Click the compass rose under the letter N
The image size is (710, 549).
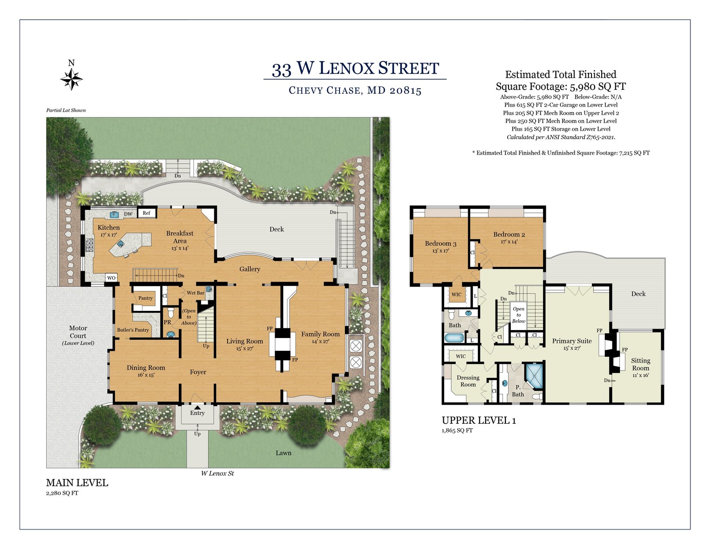(x=71, y=79)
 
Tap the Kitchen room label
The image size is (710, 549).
(x=108, y=227)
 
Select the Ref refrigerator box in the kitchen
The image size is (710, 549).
(x=146, y=213)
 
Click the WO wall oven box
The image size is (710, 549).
(x=111, y=278)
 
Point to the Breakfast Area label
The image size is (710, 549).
(x=180, y=237)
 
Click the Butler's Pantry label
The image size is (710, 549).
(x=133, y=330)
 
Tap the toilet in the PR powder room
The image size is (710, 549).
(x=170, y=312)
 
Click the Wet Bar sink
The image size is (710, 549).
(x=209, y=289)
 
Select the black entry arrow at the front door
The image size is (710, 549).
(x=197, y=407)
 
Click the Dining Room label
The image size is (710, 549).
(x=146, y=368)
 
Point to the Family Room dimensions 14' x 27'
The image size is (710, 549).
(x=320, y=342)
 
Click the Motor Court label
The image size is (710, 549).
(x=78, y=332)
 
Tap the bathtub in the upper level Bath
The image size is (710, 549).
(x=454, y=338)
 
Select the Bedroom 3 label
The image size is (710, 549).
(x=441, y=243)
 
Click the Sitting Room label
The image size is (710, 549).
(x=640, y=364)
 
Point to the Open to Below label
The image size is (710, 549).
(x=518, y=315)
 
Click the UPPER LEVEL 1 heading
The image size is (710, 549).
(x=479, y=421)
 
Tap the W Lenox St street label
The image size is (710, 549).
(x=217, y=473)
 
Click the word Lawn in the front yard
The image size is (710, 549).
(x=283, y=453)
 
